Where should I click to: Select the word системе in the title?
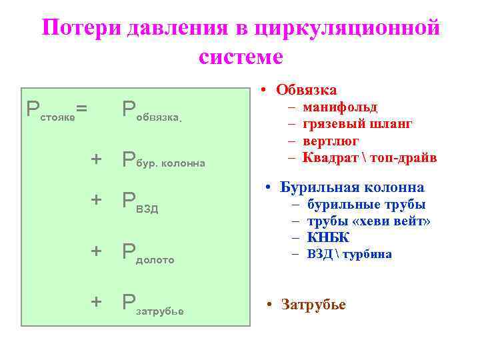241,56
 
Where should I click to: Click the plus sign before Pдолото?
97,251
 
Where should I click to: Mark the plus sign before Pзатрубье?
97,301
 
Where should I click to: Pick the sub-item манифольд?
340,107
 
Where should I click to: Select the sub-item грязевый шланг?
357,124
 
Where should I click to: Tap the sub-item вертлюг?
331,141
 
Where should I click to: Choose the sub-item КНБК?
329,237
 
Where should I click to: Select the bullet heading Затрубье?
314,305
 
